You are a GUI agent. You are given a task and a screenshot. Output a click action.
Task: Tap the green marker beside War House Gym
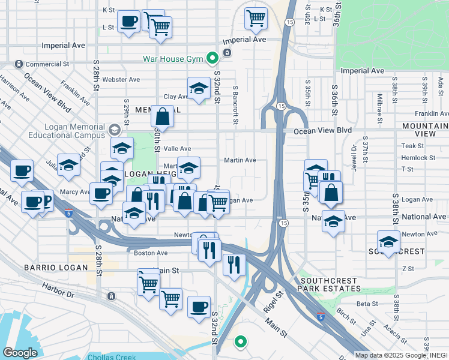(x=211, y=59)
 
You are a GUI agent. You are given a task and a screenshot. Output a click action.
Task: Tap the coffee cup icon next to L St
(x=128, y=22)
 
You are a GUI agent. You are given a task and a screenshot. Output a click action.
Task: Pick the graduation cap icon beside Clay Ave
(x=199, y=88)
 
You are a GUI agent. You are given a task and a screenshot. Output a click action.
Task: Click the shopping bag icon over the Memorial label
(x=163, y=115)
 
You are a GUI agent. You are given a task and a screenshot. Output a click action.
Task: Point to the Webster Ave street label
(x=121, y=79)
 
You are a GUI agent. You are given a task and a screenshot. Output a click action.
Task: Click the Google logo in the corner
(x=20, y=353)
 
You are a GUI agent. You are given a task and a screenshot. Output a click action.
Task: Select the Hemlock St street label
(x=418, y=158)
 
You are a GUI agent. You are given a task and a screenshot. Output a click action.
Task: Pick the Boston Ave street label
(x=150, y=253)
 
